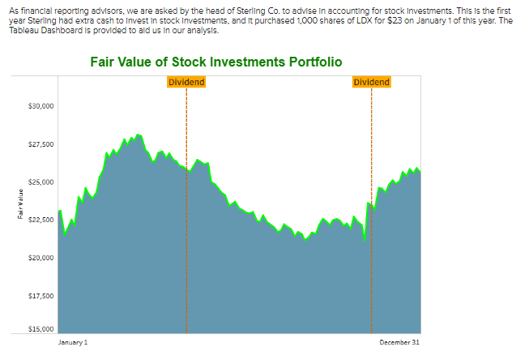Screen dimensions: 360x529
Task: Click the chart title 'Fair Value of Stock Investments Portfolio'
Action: [215, 62]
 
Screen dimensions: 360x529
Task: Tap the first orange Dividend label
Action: [186, 82]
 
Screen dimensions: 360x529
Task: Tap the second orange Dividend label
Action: [372, 82]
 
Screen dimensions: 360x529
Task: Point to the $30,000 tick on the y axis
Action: [41, 106]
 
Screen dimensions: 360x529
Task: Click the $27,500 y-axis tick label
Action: [41, 144]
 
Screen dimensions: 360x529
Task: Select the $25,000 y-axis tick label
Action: [41, 182]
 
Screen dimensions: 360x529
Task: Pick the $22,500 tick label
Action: [41, 220]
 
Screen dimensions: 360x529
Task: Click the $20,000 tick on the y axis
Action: [41, 258]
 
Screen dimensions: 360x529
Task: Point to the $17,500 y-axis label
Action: [41, 296]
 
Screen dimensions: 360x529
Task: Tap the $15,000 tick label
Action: [41, 329]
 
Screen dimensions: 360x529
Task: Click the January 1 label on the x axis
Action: [73, 343]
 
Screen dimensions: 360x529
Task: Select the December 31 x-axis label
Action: [400, 343]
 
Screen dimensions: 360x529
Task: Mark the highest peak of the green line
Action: [138, 135]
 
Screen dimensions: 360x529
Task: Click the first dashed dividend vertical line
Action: [186, 243]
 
